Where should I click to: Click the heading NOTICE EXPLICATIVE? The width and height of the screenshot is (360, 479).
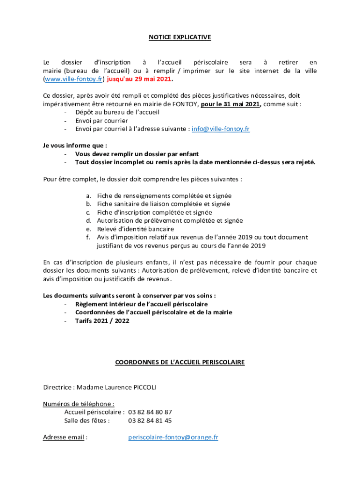[180, 37]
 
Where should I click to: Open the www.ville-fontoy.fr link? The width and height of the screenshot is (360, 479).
[73, 79]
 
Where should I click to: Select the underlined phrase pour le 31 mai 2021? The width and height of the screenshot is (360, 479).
[230, 104]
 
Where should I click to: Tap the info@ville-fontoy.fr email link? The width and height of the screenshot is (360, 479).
[221, 129]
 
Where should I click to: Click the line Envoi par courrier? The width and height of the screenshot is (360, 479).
[95, 121]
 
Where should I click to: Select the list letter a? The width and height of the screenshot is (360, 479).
[88, 196]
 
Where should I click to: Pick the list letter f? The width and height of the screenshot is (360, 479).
[88, 238]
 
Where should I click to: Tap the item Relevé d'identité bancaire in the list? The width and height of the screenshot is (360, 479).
[135, 229]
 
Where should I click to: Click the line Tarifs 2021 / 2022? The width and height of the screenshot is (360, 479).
[102, 321]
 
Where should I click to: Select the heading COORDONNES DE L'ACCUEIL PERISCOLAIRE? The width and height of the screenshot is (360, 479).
[180, 363]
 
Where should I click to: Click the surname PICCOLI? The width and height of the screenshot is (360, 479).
[148, 387]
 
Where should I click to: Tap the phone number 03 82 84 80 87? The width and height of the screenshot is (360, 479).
[150, 412]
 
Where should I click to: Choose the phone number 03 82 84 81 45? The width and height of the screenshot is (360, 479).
[150, 421]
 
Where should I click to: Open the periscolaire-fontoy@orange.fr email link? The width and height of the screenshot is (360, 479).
[173, 437]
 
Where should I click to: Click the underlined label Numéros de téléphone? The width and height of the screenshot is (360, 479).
[78, 404]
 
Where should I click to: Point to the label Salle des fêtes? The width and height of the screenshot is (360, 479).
[86, 421]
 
